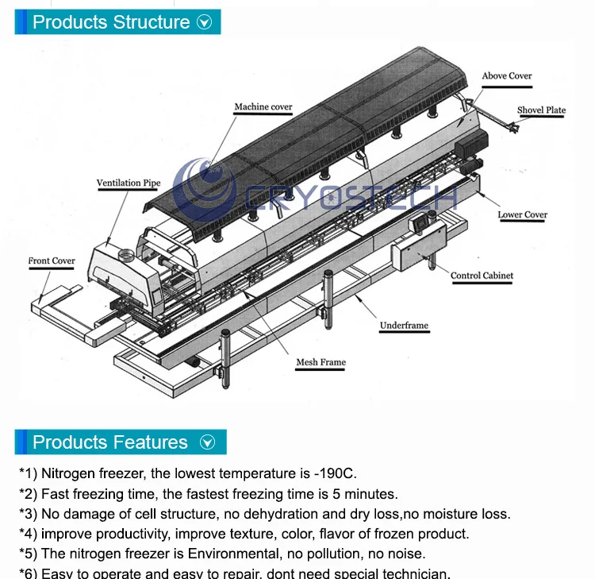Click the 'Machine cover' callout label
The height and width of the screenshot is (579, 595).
[x=263, y=107]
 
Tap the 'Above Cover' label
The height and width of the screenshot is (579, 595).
[x=506, y=76]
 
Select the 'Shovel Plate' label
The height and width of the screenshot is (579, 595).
[x=541, y=110]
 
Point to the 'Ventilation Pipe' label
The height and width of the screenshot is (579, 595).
[x=129, y=183]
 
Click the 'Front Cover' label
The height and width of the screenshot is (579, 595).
[x=52, y=261]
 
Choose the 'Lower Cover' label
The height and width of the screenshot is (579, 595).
[x=522, y=214]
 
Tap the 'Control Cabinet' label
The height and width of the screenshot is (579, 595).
[x=482, y=276]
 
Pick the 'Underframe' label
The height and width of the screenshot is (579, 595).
[x=404, y=326]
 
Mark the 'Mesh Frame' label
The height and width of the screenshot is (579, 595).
[x=321, y=362]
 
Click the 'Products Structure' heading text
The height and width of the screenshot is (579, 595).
[x=111, y=22]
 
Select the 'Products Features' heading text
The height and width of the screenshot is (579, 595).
[x=110, y=442]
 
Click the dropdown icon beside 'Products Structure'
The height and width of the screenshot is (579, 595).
[x=205, y=23]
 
